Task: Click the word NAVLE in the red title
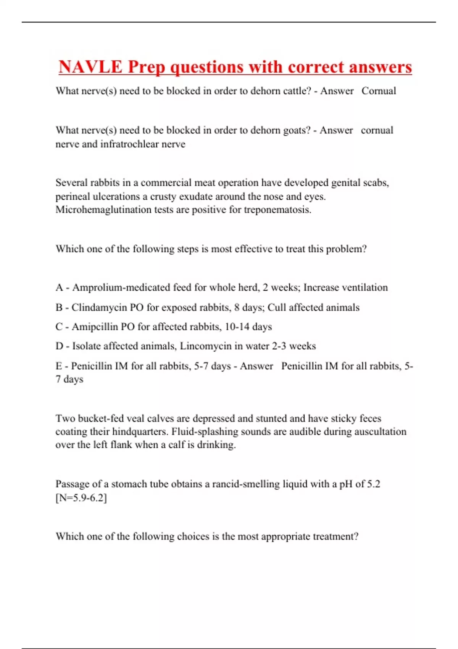coord(90,67)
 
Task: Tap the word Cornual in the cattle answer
coord(379,91)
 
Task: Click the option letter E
coord(59,366)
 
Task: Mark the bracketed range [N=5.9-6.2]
coord(81,498)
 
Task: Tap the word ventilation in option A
coord(364,287)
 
